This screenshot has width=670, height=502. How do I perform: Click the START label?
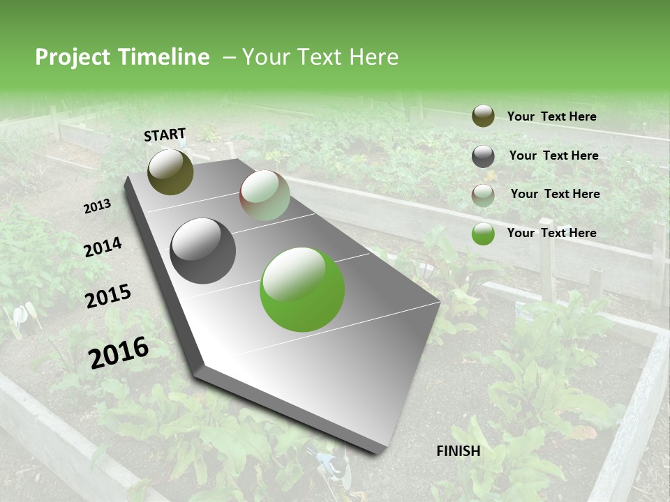point(165,135)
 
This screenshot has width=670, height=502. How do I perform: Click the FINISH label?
point(459,450)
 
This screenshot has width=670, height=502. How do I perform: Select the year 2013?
point(98,206)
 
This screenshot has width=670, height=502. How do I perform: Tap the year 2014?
point(103,247)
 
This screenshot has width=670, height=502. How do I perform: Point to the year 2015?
point(108,296)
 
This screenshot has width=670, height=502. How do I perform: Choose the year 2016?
point(119,352)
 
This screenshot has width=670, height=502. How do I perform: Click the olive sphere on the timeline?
point(170,172)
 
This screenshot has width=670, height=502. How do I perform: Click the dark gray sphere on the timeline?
point(203,251)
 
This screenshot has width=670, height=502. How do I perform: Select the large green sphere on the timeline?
point(302,289)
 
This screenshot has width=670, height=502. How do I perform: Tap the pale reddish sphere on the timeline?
point(265,195)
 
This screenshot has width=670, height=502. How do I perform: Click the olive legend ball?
point(483,116)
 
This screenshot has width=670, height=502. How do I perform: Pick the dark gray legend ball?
point(483,156)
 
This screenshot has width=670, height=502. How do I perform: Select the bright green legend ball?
point(483,234)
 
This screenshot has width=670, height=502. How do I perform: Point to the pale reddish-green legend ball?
point(483,195)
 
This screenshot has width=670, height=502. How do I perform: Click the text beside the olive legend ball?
point(551,116)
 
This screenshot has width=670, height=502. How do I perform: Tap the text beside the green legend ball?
point(551,233)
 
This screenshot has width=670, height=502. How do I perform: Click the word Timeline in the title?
point(165,57)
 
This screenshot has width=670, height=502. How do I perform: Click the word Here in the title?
point(373,57)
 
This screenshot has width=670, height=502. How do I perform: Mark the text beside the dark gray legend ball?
point(553,155)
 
